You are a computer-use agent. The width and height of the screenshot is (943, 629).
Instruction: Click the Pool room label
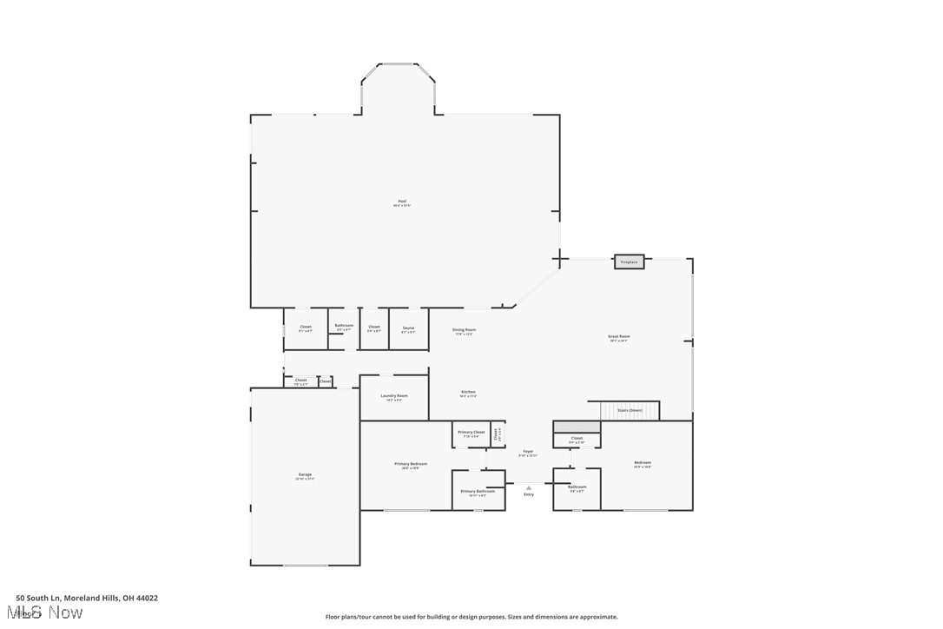(402, 202)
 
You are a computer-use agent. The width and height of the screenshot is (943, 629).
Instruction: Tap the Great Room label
(619, 337)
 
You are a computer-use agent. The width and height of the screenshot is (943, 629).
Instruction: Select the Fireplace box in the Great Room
(630, 262)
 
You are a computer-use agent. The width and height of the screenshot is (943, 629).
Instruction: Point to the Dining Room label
(465, 330)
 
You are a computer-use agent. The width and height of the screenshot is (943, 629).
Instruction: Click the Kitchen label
(468, 393)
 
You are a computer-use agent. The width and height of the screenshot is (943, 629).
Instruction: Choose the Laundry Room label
(394, 396)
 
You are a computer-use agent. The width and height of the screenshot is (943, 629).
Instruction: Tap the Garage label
(305, 475)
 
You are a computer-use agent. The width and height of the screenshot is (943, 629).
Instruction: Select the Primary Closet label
(471, 432)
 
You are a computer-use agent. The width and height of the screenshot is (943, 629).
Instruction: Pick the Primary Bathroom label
(478, 492)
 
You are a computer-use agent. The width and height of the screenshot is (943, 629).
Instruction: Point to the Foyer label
(528, 452)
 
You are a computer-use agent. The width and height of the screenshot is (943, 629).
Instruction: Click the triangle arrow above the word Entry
(529, 487)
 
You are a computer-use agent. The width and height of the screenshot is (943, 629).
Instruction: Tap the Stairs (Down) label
(630, 409)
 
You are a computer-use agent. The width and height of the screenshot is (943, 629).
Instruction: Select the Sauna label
(408, 328)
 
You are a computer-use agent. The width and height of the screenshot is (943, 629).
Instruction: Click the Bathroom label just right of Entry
(577, 487)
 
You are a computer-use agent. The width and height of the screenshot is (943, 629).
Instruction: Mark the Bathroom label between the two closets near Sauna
(344, 326)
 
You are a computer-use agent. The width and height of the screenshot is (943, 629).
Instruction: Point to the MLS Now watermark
(49, 612)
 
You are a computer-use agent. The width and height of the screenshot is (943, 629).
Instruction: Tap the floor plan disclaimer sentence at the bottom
(471, 617)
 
